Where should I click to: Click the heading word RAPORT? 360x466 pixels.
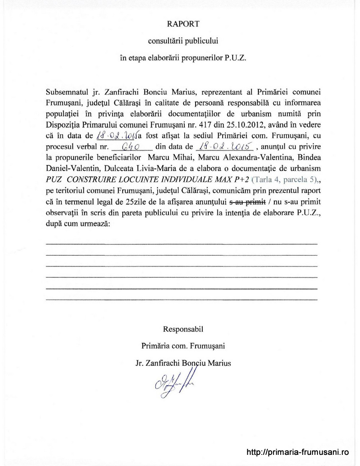(x=183, y=24)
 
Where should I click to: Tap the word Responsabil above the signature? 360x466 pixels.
(x=183, y=329)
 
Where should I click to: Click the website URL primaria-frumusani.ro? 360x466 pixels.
(x=297, y=452)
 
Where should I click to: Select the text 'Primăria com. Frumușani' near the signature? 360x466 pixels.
(x=183, y=346)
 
